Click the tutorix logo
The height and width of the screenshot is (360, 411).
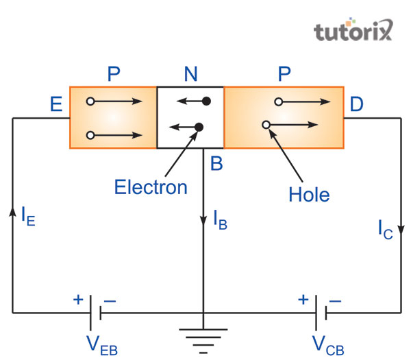353,31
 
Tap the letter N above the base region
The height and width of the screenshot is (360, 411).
190,73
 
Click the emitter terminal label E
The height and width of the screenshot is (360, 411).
55,106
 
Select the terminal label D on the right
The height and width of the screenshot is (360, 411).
357,106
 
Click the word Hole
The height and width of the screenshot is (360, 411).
309,195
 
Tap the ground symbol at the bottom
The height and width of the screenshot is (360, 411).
203,338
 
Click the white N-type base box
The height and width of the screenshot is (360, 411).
190,117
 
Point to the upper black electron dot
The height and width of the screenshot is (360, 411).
206,101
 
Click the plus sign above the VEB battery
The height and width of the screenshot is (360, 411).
77,300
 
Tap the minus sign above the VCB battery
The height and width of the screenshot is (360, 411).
336,300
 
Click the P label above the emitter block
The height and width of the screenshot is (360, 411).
114,73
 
